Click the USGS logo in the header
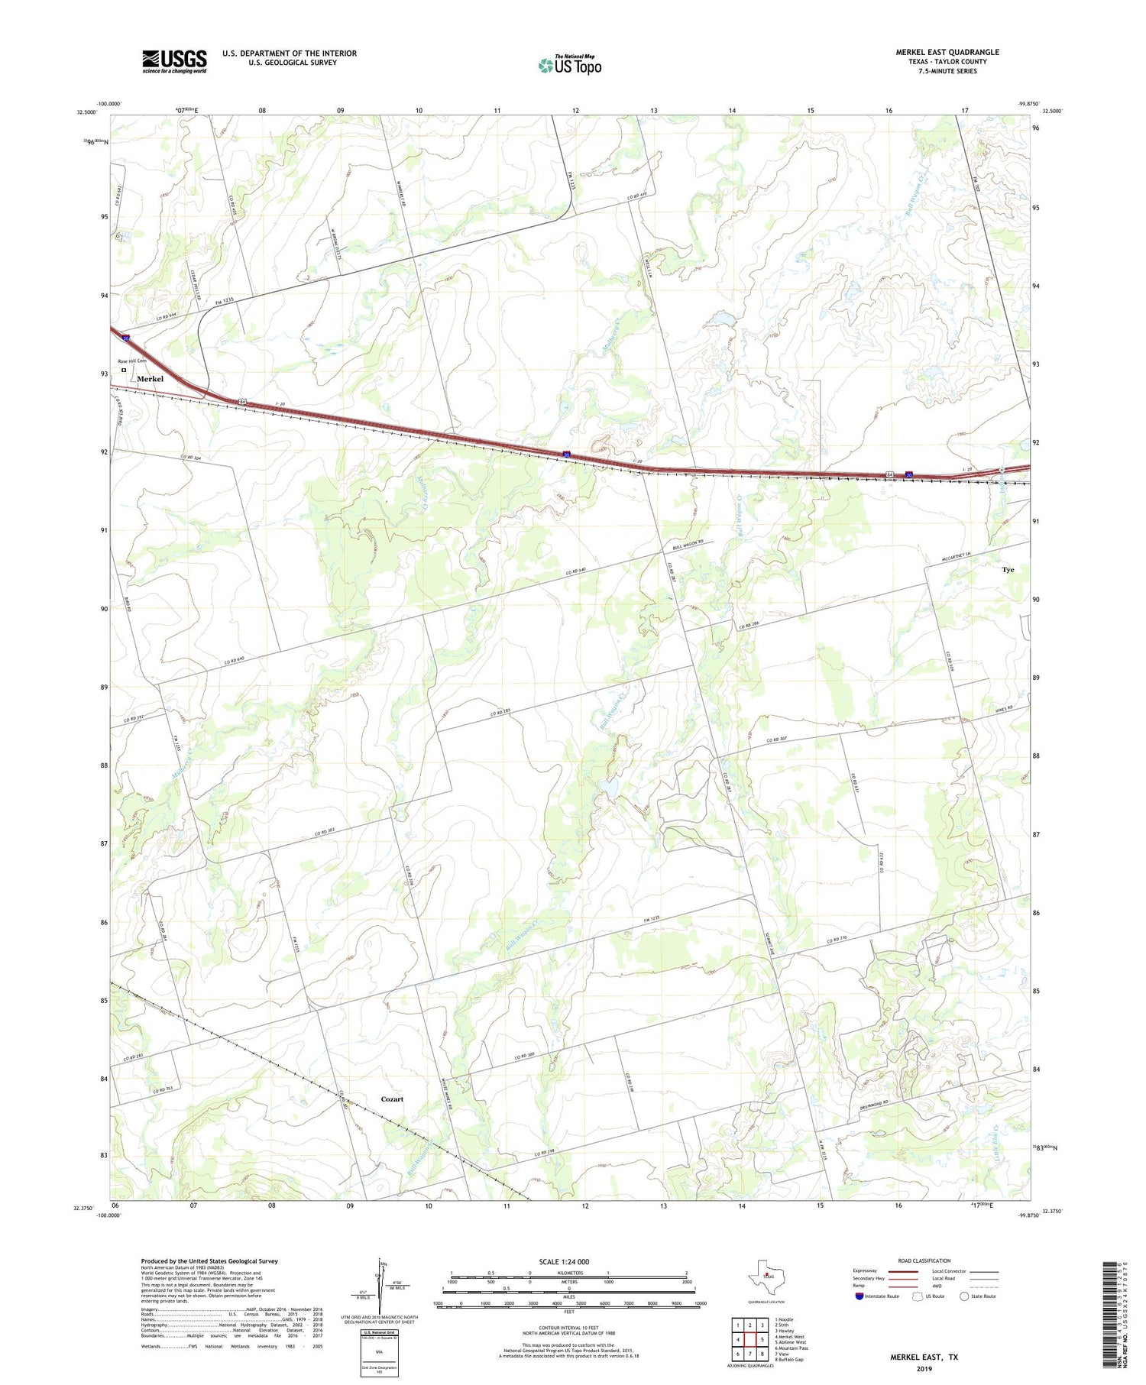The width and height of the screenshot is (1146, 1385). [174, 61]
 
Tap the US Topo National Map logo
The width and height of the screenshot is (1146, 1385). [569, 66]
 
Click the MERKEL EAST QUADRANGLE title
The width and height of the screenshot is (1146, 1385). [947, 52]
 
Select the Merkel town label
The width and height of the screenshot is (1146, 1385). [150, 379]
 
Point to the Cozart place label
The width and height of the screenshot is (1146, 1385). [392, 1099]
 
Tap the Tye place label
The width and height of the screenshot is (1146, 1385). [1008, 570]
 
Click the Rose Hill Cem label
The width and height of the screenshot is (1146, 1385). [131, 361]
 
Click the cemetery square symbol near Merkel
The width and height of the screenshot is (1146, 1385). [124, 371]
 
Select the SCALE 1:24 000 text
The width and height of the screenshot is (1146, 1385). [564, 1261]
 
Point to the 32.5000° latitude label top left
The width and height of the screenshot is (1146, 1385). [86, 112]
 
